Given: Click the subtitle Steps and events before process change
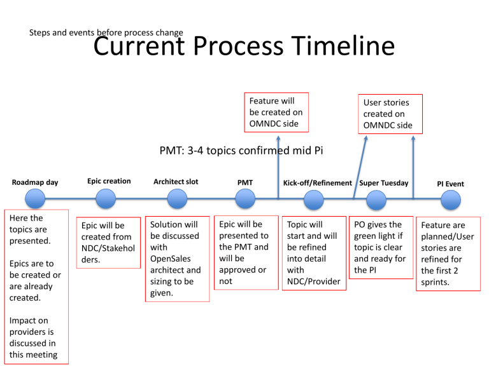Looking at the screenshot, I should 106,32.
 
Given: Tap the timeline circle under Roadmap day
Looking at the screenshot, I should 36,201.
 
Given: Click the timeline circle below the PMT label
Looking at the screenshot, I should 244,201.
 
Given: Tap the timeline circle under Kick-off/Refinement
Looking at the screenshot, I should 313,201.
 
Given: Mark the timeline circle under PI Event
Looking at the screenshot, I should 450,201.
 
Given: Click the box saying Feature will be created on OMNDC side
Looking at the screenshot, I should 276,112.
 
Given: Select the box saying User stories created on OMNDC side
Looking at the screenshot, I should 387,113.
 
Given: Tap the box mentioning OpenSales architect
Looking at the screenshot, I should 176,258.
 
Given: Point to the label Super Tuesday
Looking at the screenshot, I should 384,183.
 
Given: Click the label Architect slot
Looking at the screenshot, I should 176,182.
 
